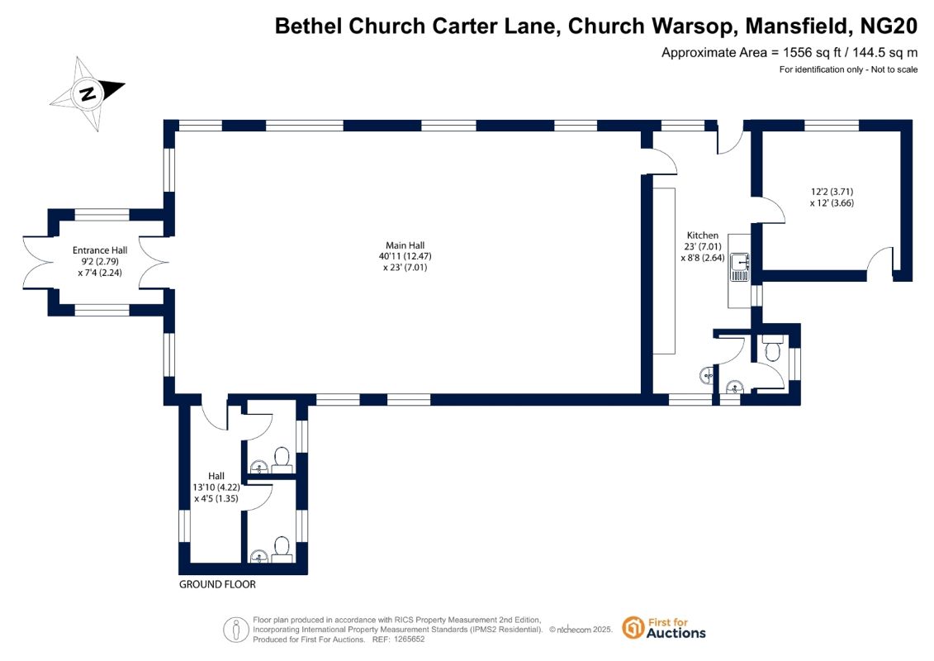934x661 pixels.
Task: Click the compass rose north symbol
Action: (x=87, y=93)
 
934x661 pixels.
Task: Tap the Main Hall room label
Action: (x=405, y=245)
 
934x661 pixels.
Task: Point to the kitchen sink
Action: (x=737, y=262)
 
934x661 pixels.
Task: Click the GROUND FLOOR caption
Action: (x=217, y=584)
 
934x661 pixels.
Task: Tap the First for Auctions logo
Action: (x=664, y=628)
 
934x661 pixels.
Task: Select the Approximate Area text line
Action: (x=789, y=52)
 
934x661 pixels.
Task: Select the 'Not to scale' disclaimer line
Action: (x=848, y=69)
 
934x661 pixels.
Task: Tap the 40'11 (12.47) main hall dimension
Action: (x=405, y=256)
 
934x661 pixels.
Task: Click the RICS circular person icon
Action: (x=236, y=629)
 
